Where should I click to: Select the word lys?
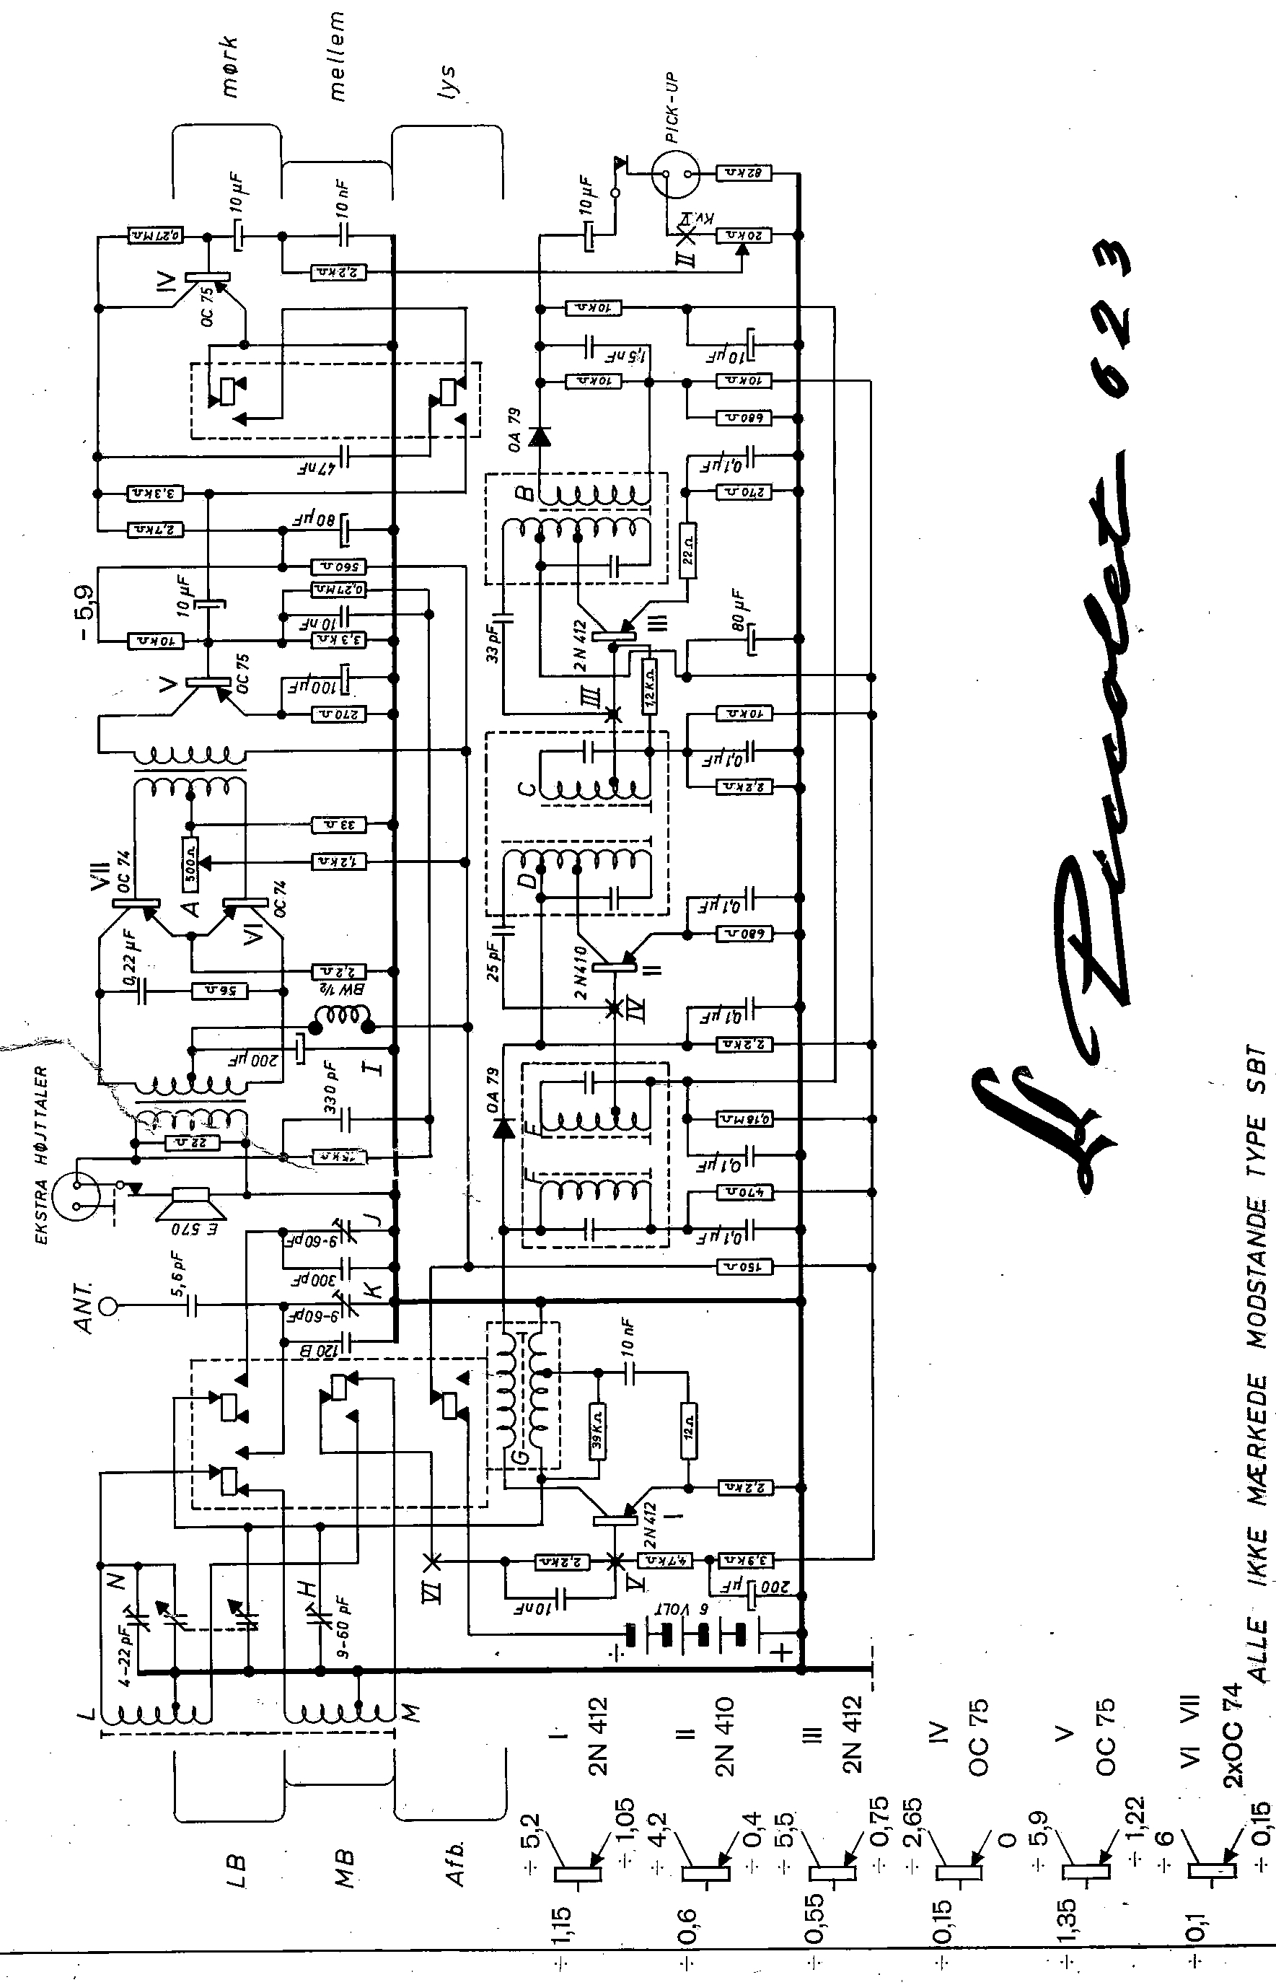coord(447,83)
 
